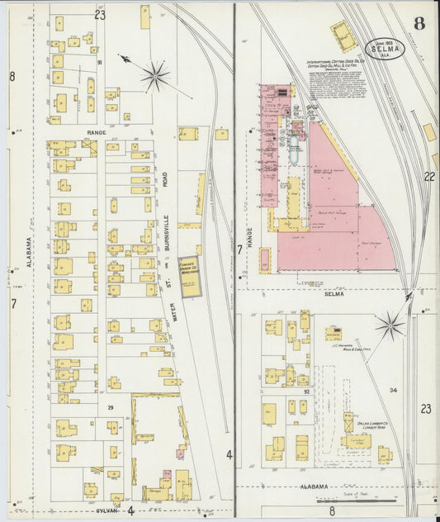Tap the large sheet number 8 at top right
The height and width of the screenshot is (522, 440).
tap(419, 22)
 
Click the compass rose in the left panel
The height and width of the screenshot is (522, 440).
tap(154, 77)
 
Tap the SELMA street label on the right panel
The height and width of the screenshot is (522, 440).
tap(334, 293)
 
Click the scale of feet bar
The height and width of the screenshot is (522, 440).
tap(371, 500)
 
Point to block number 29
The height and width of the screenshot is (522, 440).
tap(109, 408)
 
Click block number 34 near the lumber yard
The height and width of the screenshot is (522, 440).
tap(393, 390)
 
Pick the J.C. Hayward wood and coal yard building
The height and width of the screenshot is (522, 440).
tap(334, 333)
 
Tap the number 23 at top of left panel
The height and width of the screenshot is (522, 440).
tap(100, 14)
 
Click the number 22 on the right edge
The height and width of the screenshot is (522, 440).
tap(428, 177)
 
